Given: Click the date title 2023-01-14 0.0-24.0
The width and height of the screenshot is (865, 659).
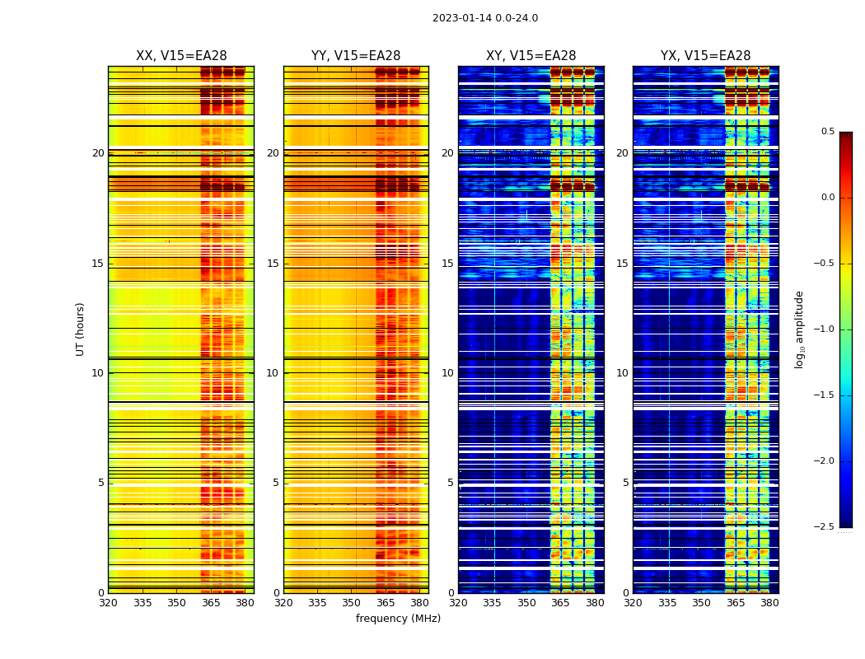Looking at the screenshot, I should pos(484,18).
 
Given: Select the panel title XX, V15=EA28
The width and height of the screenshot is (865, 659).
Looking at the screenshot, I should pos(181,56).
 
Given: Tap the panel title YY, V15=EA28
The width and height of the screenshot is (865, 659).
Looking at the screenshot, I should pos(356,56).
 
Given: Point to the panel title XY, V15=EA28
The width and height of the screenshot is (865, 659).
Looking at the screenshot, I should pos(531,56).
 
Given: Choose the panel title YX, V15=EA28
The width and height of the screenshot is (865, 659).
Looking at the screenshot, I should pos(705,56).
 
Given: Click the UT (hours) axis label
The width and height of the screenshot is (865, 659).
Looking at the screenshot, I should pos(81,329).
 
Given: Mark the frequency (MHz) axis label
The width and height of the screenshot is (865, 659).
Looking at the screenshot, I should pos(398,619).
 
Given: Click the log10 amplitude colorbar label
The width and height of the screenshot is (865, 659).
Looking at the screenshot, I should pos(799,329).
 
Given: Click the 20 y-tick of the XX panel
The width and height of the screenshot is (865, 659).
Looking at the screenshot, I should pos(98,153).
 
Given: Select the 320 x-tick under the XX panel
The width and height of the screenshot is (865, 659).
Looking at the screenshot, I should pos(108,603).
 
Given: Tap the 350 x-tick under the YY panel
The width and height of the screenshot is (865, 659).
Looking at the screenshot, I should pos(351,603).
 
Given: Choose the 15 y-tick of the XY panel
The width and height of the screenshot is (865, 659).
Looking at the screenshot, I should pos(447,264).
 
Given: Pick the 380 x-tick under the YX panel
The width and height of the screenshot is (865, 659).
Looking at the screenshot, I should pos(769,603).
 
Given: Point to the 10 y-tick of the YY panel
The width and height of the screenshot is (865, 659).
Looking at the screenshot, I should pos(273,373).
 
